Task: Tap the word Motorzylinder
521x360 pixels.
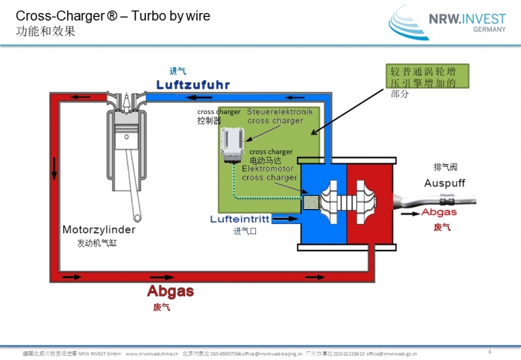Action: [99, 230]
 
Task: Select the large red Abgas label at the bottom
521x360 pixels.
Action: [170, 291]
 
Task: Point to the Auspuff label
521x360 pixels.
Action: [444, 183]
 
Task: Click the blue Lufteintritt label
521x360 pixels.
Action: [240, 219]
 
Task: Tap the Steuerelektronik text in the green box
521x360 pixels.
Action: [279, 112]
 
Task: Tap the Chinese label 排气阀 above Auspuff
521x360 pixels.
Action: [445, 167]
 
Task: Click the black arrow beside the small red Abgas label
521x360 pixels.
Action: [410, 212]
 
